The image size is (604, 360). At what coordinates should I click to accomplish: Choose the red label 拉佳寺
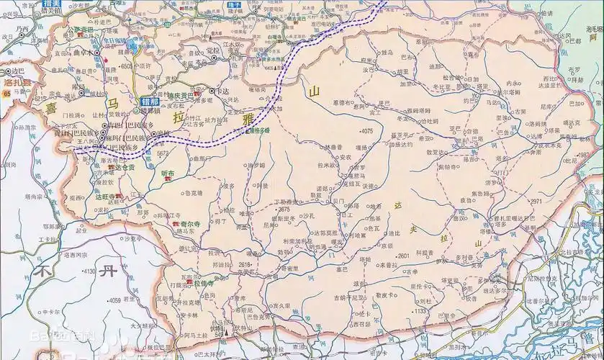click(x=204, y=283)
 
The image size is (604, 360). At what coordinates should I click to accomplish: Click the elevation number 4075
click(x=366, y=131)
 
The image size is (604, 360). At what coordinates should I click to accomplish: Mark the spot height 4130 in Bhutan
click(x=89, y=271)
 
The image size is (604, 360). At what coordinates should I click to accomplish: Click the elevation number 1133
click(x=420, y=311)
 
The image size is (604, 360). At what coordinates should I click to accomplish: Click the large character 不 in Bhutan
click(x=45, y=271)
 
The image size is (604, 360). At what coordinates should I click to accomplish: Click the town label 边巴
click(x=17, y=72)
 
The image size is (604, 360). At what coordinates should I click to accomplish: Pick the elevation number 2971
click(x=535, y=202)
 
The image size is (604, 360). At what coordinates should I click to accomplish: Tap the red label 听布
click(x=168, y=172)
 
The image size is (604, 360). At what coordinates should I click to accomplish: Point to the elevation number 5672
click(x=162, y=153)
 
